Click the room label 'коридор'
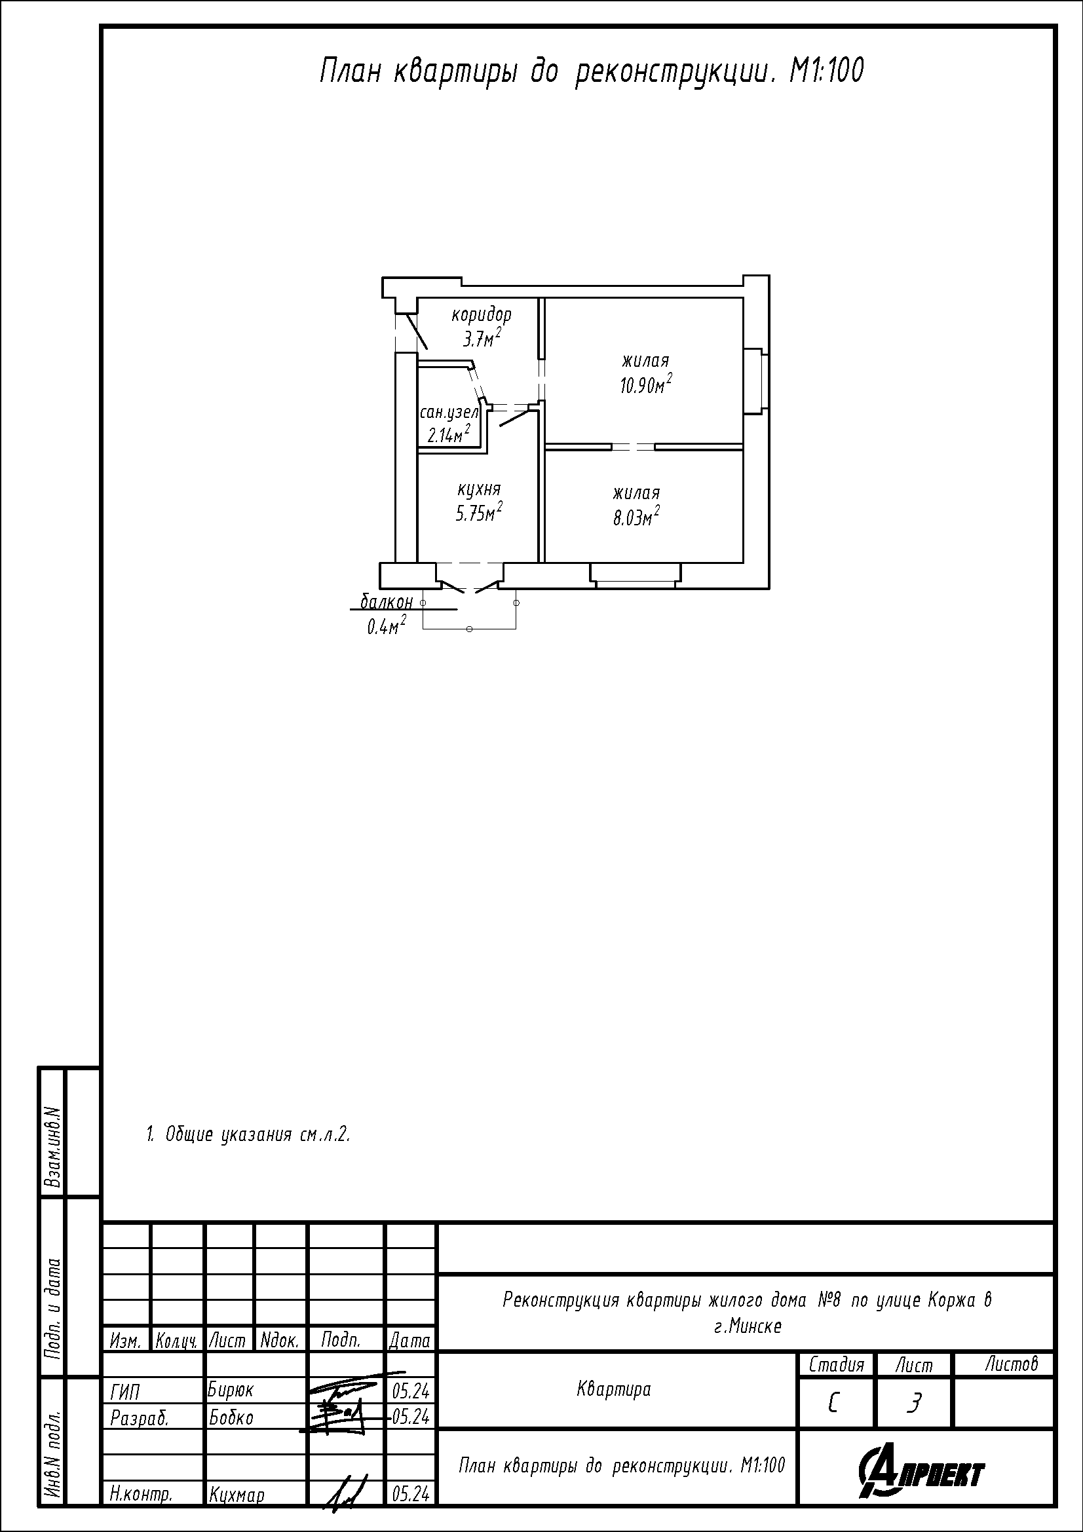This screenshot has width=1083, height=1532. (x=481, y=314)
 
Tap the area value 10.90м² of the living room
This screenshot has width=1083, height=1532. (x=646, y=385)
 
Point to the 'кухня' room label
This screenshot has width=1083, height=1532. (x=479, y=491)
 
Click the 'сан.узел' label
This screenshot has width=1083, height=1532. (x=449, y=413)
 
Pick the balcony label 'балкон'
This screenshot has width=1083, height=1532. (x=387, y=602)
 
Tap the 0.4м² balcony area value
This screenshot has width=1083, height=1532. (x=387, y=626)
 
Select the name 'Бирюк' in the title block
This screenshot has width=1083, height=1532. (x=231, y=1390)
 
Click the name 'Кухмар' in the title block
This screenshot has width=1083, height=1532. (x=237, y=1495)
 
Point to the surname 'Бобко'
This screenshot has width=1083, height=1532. (x=231, y=1416)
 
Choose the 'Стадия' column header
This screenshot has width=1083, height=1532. (x=836, y=1365)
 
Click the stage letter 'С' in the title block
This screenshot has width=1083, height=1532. (x=833, y=1405)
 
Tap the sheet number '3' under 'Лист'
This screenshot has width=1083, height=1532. (x=914, y=1404)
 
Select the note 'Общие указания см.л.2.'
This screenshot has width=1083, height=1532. (x=248, y=1134)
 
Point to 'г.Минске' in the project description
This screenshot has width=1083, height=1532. (x=748, y=1326)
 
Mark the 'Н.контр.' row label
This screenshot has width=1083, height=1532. (x=141, y=1495)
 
